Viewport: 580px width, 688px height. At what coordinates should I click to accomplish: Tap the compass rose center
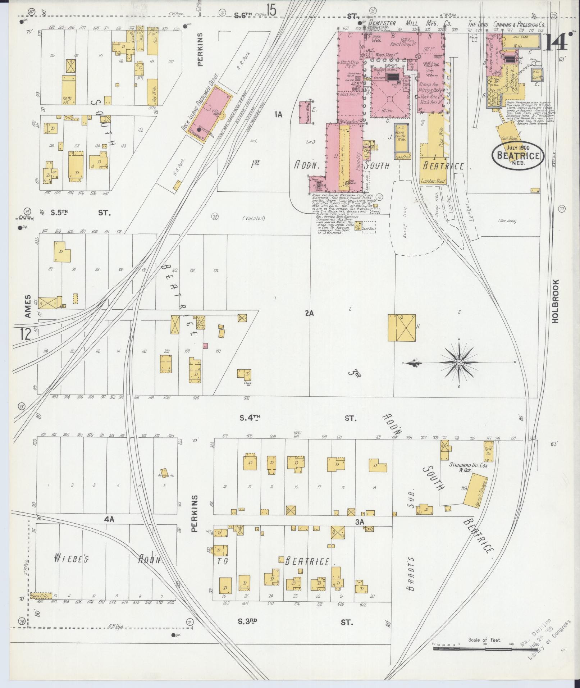(459, 363)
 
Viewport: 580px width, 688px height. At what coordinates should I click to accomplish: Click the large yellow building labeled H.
(402, 328)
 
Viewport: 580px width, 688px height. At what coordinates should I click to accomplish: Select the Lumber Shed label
(433, 181)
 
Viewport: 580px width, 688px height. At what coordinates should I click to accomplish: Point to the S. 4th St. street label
(250, 418)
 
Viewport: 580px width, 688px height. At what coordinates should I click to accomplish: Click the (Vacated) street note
(254, 218)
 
